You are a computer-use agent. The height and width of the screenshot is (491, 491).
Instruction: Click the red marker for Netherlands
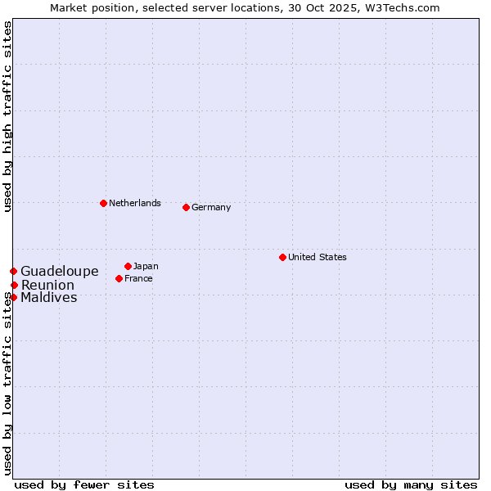(103, 203)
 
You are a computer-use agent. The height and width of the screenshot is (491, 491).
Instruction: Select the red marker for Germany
(186, 207)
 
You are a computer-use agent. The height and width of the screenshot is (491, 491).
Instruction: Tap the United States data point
(282, 257)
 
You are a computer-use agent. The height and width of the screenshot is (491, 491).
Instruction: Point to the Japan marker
(128, 266)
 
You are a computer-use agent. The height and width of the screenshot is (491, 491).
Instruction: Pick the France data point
(119, 278)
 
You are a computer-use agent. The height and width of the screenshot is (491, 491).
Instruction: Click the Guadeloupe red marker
(13, 271)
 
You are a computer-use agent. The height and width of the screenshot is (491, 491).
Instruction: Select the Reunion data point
(14, 285)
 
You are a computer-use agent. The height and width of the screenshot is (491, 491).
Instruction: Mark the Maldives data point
(13, 297)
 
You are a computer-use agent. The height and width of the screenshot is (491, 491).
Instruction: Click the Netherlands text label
(135, 203)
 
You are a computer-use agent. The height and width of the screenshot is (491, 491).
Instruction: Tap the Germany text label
(211, 207)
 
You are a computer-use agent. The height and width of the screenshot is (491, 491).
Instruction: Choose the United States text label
(318, 257)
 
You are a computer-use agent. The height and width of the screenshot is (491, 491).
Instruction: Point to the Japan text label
(146, 266)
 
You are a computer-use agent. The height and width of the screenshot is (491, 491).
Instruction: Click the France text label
(138, 278)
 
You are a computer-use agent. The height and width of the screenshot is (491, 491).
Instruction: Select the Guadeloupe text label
(60, 271)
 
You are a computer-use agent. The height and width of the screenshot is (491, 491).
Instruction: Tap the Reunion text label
(47, 285)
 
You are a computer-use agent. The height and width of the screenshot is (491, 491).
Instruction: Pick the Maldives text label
(49, 297)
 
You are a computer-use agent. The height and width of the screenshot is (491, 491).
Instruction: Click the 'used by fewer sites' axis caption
(84, 484)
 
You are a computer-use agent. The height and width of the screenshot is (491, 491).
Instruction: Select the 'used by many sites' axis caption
(411, 484)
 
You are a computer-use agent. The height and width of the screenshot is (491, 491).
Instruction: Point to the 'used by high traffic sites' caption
(7, 117)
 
